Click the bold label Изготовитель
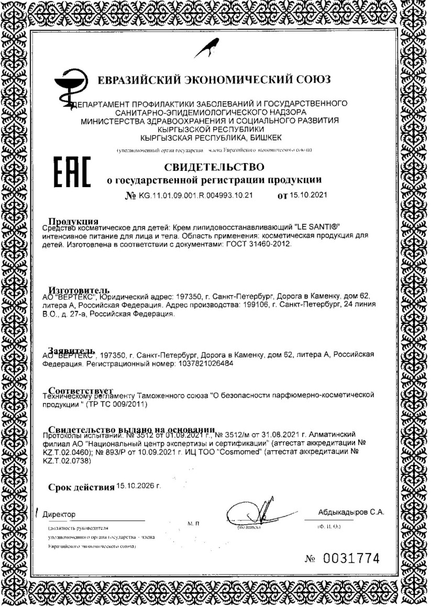pos(79,290)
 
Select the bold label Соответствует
pos(81,390)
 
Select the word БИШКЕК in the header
pos(259,137)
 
